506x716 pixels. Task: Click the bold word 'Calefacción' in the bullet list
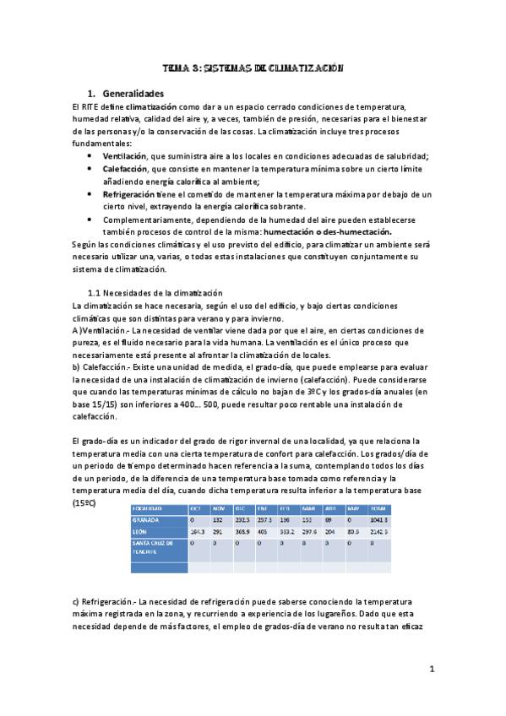126,169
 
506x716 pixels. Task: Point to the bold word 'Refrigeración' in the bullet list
129,194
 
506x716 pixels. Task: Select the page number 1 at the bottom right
431,670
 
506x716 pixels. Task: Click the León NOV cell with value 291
217,532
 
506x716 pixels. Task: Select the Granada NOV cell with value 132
217,521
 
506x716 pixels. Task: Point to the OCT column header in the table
195,508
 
